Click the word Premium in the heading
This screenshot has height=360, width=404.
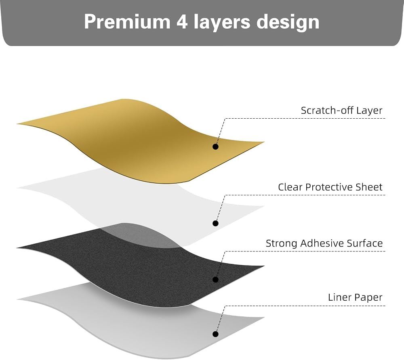tap(127, 22)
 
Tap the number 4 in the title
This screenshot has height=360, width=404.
tap(182, 22)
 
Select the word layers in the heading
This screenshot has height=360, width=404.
tap(222, 23)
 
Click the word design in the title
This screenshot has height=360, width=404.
tap(288, 23)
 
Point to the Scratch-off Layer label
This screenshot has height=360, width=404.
tap(342, 111)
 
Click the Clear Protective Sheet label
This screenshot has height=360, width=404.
tap(330, 187)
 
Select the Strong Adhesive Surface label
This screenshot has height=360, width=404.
tap(324, 243)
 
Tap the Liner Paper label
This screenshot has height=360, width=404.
tap(355, 297)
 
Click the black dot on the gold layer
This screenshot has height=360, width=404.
tap(216, 147)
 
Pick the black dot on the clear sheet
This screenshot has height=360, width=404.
tap(216, 223)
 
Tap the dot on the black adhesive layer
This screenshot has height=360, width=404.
tap(216, 280)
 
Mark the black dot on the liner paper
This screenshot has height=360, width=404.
tap(216, 334)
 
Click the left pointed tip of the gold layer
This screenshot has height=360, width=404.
tap(17, 124)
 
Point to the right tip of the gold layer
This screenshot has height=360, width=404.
tap(265, 142)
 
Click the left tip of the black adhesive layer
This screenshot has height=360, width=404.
tap(17, 248)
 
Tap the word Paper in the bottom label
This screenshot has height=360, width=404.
tap(369, 298)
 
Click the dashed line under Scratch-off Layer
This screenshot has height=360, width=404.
tap(305, 119)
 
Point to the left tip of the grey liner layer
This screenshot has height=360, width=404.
tap(17, 300)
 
